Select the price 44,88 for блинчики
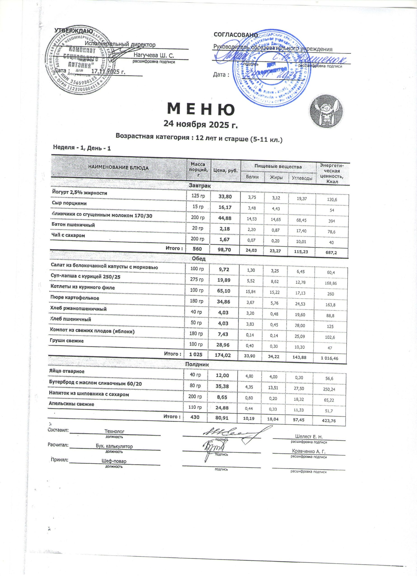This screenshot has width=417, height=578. pos(224,218)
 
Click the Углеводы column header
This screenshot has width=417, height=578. pos(302,178)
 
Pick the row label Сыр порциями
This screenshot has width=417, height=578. pos(69,203)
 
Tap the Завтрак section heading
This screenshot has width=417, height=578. pos(200,186)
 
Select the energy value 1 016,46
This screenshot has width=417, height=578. pos(329,358)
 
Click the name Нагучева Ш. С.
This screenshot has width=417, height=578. pos(154,55)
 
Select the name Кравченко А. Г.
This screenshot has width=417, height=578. pos(309,451)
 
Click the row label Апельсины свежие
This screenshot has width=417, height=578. pos(71,404)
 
